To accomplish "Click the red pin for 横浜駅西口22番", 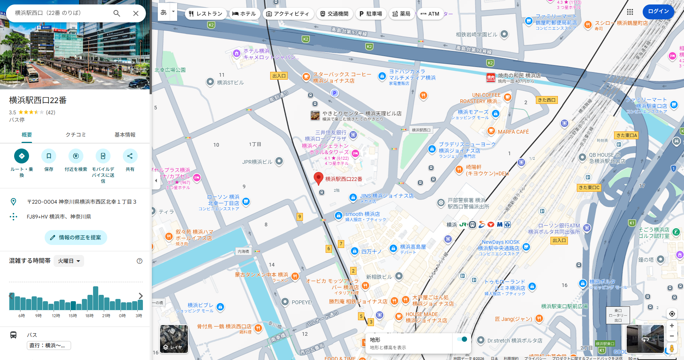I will pyautogui.click(x=318, y=178).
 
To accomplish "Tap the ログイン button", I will pyautogui.click(x=658, y=11).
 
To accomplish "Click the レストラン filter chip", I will pyautogui.click(x=205, y=14).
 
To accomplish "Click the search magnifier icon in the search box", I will pyautogui.click(x=116, y=13).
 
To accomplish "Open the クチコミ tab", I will pyautogui.click(x=76, y=135).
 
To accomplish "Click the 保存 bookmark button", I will pyautogui.click(x=49, y=156).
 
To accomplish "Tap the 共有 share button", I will pyautogui.click(x=130, y=156).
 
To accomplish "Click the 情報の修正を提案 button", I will pyautogui.click(x=76, y=238).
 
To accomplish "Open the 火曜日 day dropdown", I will pyautogui.click(x=69, y=261).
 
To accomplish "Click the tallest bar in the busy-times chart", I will pyautogui.click(x=96, y=298).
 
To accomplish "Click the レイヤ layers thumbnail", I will pyautogui.click(x=174, y=339).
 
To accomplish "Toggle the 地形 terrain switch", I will pyautogui.click(x=462, y=339).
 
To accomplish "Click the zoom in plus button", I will pyautogui.click(x=672, y=326).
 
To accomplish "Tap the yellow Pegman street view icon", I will pyautogui.click(x=672, y=349).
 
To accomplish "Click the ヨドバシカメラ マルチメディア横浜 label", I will pyautogui.click(x=412, y=74).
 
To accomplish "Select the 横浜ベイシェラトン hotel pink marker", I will pyautogui.click(x=355, y=153).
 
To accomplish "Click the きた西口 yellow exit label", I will pyautogui.click(x=546, y=100).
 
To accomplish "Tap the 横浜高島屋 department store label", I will pyautogui.click(x=412, y=247).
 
